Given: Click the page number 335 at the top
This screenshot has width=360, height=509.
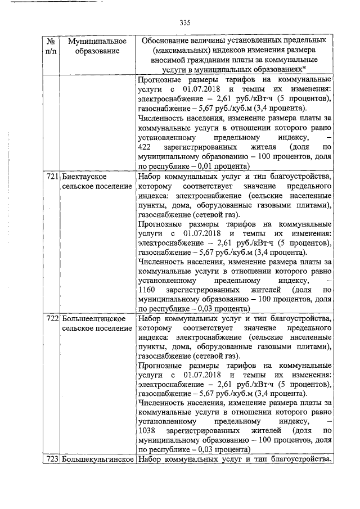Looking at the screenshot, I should coord(186,23).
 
